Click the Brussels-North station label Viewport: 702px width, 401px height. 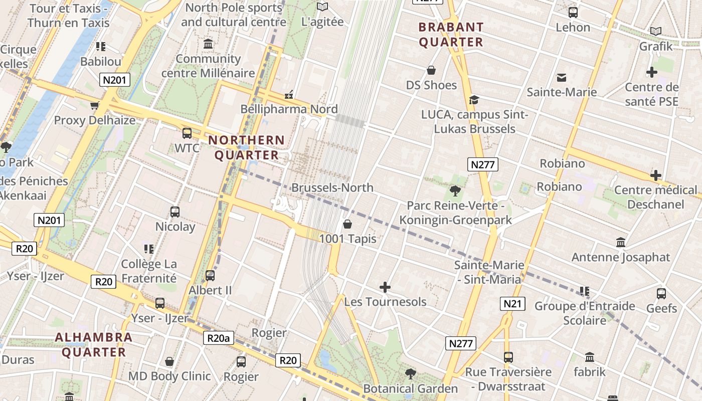click(332, 188)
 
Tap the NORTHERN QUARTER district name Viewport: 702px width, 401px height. click(246, 148)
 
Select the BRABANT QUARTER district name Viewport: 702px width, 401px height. click(451, 35)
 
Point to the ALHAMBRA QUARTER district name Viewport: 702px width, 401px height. click(93, 344)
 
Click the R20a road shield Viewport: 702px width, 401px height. click(219, 338)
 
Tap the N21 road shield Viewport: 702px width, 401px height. click(512, 303)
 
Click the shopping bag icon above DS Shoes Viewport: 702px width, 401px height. click(431, 70)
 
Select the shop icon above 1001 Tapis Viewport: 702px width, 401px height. click(347, 224)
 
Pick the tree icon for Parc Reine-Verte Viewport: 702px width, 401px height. click(455, 190)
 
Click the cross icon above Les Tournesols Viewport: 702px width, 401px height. click(385, 287)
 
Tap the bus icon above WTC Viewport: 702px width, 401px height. click(187, 133)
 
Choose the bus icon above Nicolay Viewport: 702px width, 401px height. click(175, 212)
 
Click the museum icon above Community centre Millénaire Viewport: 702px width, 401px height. click(208, 44)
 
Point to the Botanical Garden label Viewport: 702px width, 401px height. click(410, 388)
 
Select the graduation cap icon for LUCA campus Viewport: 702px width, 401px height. click(473, 100)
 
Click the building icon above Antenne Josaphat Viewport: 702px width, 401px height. click(621, 242)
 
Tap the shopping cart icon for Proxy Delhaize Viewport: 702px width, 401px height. click(94, 105)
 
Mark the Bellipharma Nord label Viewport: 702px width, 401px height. click(289, 109)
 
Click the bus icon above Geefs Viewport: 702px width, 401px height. click(661, 294)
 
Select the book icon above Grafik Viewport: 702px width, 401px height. click(655, 31)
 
